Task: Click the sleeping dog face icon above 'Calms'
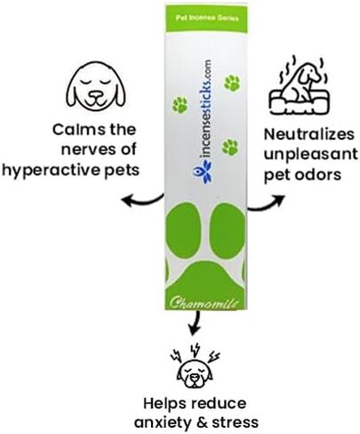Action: pyautogui.click(x=95, y=85)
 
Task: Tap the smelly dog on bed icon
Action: pyautogui.click(x=299, y=85)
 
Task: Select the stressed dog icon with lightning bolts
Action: pyautogui.click(x=195, y=366)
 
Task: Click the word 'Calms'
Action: pyautogui.click(x=78, y=130)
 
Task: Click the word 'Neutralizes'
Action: pyautogui.click(x=309, y=134)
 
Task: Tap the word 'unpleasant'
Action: pyautogui.click(x=311, y=155)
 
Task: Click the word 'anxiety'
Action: pyautogui.click(x=164, y=422)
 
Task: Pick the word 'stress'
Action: pyautogui.click(x=236, y=422)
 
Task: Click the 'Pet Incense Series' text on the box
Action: pyautogui.click(x=207, y=18)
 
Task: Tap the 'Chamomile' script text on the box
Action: pyautogui.click(x=204, y=303)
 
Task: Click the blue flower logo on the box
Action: pyautogui.click(x=202, y=171)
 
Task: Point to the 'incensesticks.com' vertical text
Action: pyautogui.click(x=205, y=108)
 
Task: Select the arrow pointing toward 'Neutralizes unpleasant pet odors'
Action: pyautogui.click(x=266, y=205)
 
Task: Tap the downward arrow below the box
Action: pyautogui.click(x=195, y=323)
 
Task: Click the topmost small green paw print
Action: pyautogui.click(x=232, y=83)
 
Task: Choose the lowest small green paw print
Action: pyautogui.click(x=230, y=147)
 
